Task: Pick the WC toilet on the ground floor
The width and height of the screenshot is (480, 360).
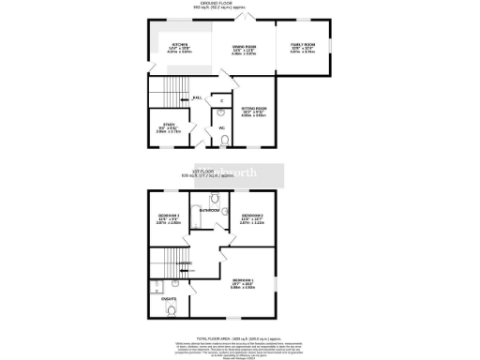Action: pos(222,142)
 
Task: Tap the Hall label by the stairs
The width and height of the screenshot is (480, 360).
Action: pos(198,97)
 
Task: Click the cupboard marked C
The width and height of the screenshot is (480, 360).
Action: pos(221,99)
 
